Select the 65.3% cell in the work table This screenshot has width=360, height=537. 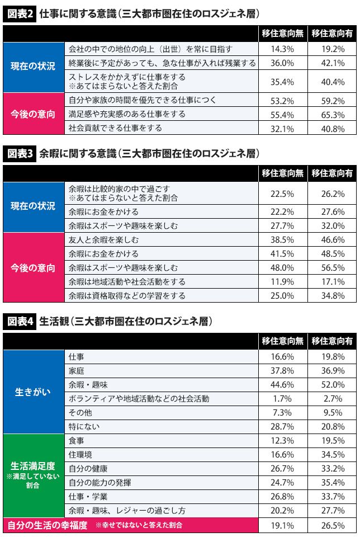click(334, 114)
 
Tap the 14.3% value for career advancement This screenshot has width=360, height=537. click(282, 49)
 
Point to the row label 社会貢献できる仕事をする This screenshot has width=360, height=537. click(115, 128)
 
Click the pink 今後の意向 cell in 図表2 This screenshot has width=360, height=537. click(33, 114)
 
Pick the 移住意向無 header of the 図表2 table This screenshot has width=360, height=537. click(282, 34)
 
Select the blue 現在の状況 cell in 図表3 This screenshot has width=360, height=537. click(33, 206)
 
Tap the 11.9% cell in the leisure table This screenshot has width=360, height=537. click(282, 281)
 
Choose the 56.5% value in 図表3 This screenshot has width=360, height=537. click(334, 267)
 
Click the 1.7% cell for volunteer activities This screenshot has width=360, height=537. click(282, 399)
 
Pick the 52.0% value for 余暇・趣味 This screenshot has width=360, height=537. click(334, 385)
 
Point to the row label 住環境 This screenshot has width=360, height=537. click(80, 454)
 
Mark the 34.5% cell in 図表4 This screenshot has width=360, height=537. click(334, 454)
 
